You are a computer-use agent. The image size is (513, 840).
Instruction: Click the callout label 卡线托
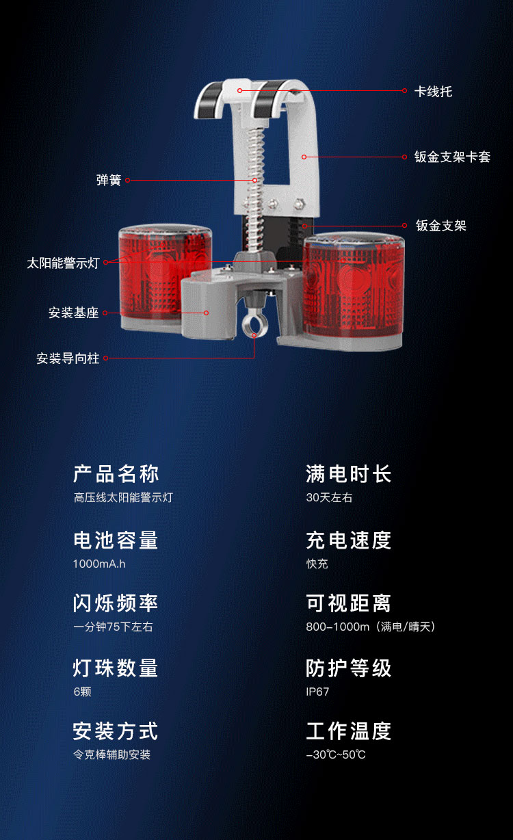pyautogui.click(x=433, y=92)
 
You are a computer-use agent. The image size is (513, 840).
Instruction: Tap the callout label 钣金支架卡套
pyautogui.click(x=452, y=157)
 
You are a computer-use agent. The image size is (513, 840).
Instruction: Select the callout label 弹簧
pyautogui.click(x=109, y=180)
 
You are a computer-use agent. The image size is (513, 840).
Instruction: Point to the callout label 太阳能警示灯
pyautogui.click(x=63, y=263)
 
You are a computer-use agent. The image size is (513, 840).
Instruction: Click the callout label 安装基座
pyautogui.click(x=73, y=313)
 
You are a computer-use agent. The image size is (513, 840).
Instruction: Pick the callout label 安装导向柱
pyautogui.click(x=68, y=358)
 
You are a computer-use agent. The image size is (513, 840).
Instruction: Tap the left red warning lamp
pyautogui.click(x=157, y=276)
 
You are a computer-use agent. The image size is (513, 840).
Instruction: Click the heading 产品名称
pyautogui.click(x=116, y=473)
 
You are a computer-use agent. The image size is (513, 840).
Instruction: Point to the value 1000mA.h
pyautogui.click(x=99, y=564)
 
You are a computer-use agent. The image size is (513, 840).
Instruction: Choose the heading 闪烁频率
pyautogui.click(x=116, y=603)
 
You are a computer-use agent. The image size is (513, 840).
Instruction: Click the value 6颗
pyautogui.click(x=83, y=692)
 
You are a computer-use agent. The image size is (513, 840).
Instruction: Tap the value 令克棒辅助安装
pyautogui.click(x=111, y=754)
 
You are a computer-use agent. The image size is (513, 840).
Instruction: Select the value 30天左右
pyautogui.click(x=329, y=497)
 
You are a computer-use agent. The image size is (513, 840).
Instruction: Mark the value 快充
pyautogui.click(x=317, y=564)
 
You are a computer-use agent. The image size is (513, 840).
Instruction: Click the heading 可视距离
pyautogui.click(x=349, y=603)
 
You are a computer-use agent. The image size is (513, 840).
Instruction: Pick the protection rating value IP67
pyautogui.click(x=317, y=692)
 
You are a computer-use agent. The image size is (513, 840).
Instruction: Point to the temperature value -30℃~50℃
pyautogui.click(x=336, y=754)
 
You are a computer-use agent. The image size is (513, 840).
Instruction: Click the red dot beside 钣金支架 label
pyautogui.click(x=405, y=225)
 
